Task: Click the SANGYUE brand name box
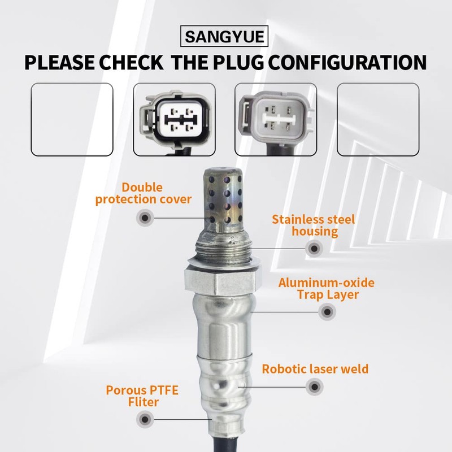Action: coord(225,38)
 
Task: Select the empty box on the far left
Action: coord(72,119)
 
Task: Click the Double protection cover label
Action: coord(144,193)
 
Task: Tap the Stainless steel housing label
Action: coord(313,225)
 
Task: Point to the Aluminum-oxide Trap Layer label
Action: coord(326,289)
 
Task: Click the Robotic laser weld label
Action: coord(315,370)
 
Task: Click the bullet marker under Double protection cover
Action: coord(145,217)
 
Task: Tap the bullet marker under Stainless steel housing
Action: coord(314,247)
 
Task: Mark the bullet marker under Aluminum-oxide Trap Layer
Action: coord(326,311)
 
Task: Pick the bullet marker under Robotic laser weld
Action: coord(314,388)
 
